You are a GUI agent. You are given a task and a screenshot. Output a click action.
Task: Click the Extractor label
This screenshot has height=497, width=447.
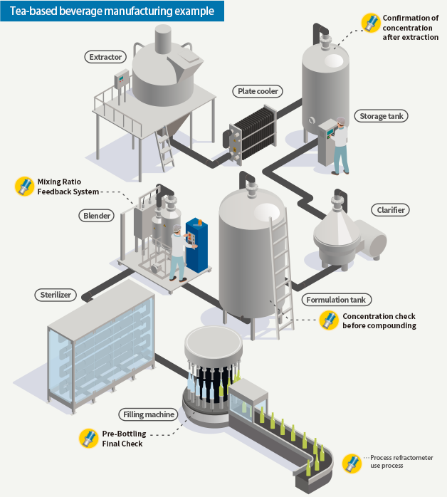click(106, 56)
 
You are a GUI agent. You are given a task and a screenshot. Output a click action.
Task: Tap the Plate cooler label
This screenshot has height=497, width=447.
click(258, 91)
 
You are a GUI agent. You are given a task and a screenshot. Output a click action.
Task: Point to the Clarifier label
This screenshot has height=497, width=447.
click(391, 210)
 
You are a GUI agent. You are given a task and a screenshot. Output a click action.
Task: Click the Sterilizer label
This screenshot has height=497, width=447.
click(56, 294)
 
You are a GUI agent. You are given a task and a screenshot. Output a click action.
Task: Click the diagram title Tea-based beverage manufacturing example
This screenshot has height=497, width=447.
click(112, 11)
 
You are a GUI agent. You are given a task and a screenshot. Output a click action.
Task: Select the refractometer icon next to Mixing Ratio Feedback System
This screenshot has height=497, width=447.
click(24, 187)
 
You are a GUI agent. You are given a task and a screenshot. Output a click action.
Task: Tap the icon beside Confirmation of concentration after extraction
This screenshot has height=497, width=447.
click(369, 23)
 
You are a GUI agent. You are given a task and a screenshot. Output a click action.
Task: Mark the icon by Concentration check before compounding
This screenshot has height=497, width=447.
click(329, 320)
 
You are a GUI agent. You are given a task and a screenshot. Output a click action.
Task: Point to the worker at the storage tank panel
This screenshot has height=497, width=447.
click(340, 146)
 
